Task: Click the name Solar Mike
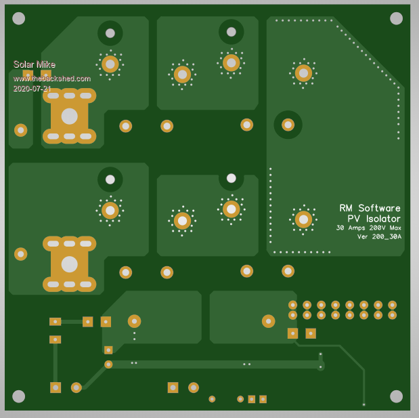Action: coord(34,64)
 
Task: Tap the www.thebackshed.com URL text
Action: coord(51,78)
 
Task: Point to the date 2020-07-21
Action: coord(32,88)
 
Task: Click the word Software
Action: coord(379,208)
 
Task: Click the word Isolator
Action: coord(383,219)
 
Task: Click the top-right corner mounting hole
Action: coord(397,18)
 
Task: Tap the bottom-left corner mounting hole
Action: coord(19,396)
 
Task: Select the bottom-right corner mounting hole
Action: coord(397,396)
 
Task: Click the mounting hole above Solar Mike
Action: coord(19,18)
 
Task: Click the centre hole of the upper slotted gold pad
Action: coord(69,117)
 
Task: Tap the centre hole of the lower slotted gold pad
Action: coord(69,264)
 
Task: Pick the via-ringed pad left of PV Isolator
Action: coord(303,219)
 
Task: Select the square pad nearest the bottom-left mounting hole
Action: coord(56,388)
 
